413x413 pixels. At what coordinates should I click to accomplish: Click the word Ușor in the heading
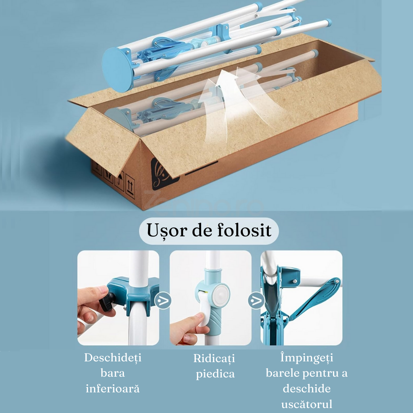coord(166,231)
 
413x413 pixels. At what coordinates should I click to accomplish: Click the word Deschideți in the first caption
coord(113,358)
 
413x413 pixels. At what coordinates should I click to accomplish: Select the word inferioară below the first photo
coord(112,389)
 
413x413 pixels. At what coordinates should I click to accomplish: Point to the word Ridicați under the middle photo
coord(214,359)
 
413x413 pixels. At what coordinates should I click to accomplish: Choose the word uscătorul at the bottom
coord(307,404)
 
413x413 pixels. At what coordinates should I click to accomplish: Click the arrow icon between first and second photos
coord(163,301)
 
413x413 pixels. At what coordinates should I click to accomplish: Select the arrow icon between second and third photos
coord(256,301)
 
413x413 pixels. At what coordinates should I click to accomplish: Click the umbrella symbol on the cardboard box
coord(119,180)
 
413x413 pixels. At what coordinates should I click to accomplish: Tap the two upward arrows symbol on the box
coord(130,186)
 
